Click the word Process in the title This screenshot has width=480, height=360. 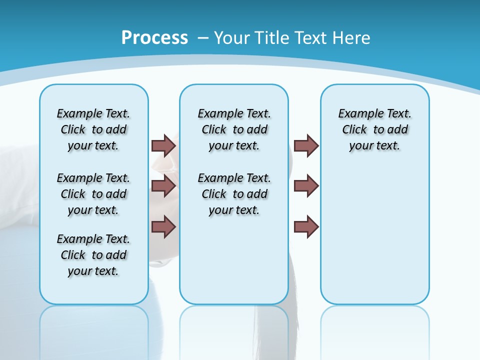coord(154,37)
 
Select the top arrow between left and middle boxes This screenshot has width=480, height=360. coord(163,145)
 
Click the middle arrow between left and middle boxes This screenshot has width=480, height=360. coord(163,186)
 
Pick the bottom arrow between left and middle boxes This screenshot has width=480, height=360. coord(163,226)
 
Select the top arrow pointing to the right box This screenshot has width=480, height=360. coord(306,145)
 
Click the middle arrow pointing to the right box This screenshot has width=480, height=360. coord(306,186)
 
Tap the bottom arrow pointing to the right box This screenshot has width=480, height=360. coord(306,226)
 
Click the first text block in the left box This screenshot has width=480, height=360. coord(93,129)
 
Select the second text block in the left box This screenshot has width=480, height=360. coord(93,194)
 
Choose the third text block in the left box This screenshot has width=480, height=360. coord(93,255)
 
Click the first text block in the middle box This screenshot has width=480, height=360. coord(234,129)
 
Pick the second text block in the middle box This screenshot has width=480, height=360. coord(234,194)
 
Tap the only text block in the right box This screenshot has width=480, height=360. coord(374,129)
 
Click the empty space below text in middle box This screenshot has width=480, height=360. coord(234,260)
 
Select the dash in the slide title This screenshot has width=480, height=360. coord(203,37)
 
